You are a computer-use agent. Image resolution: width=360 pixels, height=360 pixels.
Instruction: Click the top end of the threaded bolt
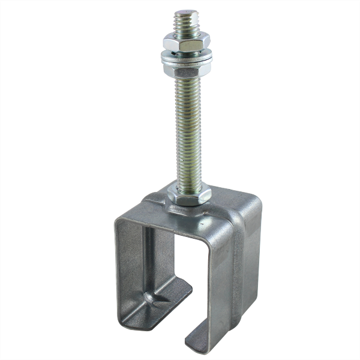coord(187,14)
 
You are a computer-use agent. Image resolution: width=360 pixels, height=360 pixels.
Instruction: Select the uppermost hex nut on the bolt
coord(187,43)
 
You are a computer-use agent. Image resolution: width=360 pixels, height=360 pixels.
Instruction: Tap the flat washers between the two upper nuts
coord(186,56)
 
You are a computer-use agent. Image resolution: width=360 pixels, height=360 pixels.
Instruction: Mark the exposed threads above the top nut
coord(187,24)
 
